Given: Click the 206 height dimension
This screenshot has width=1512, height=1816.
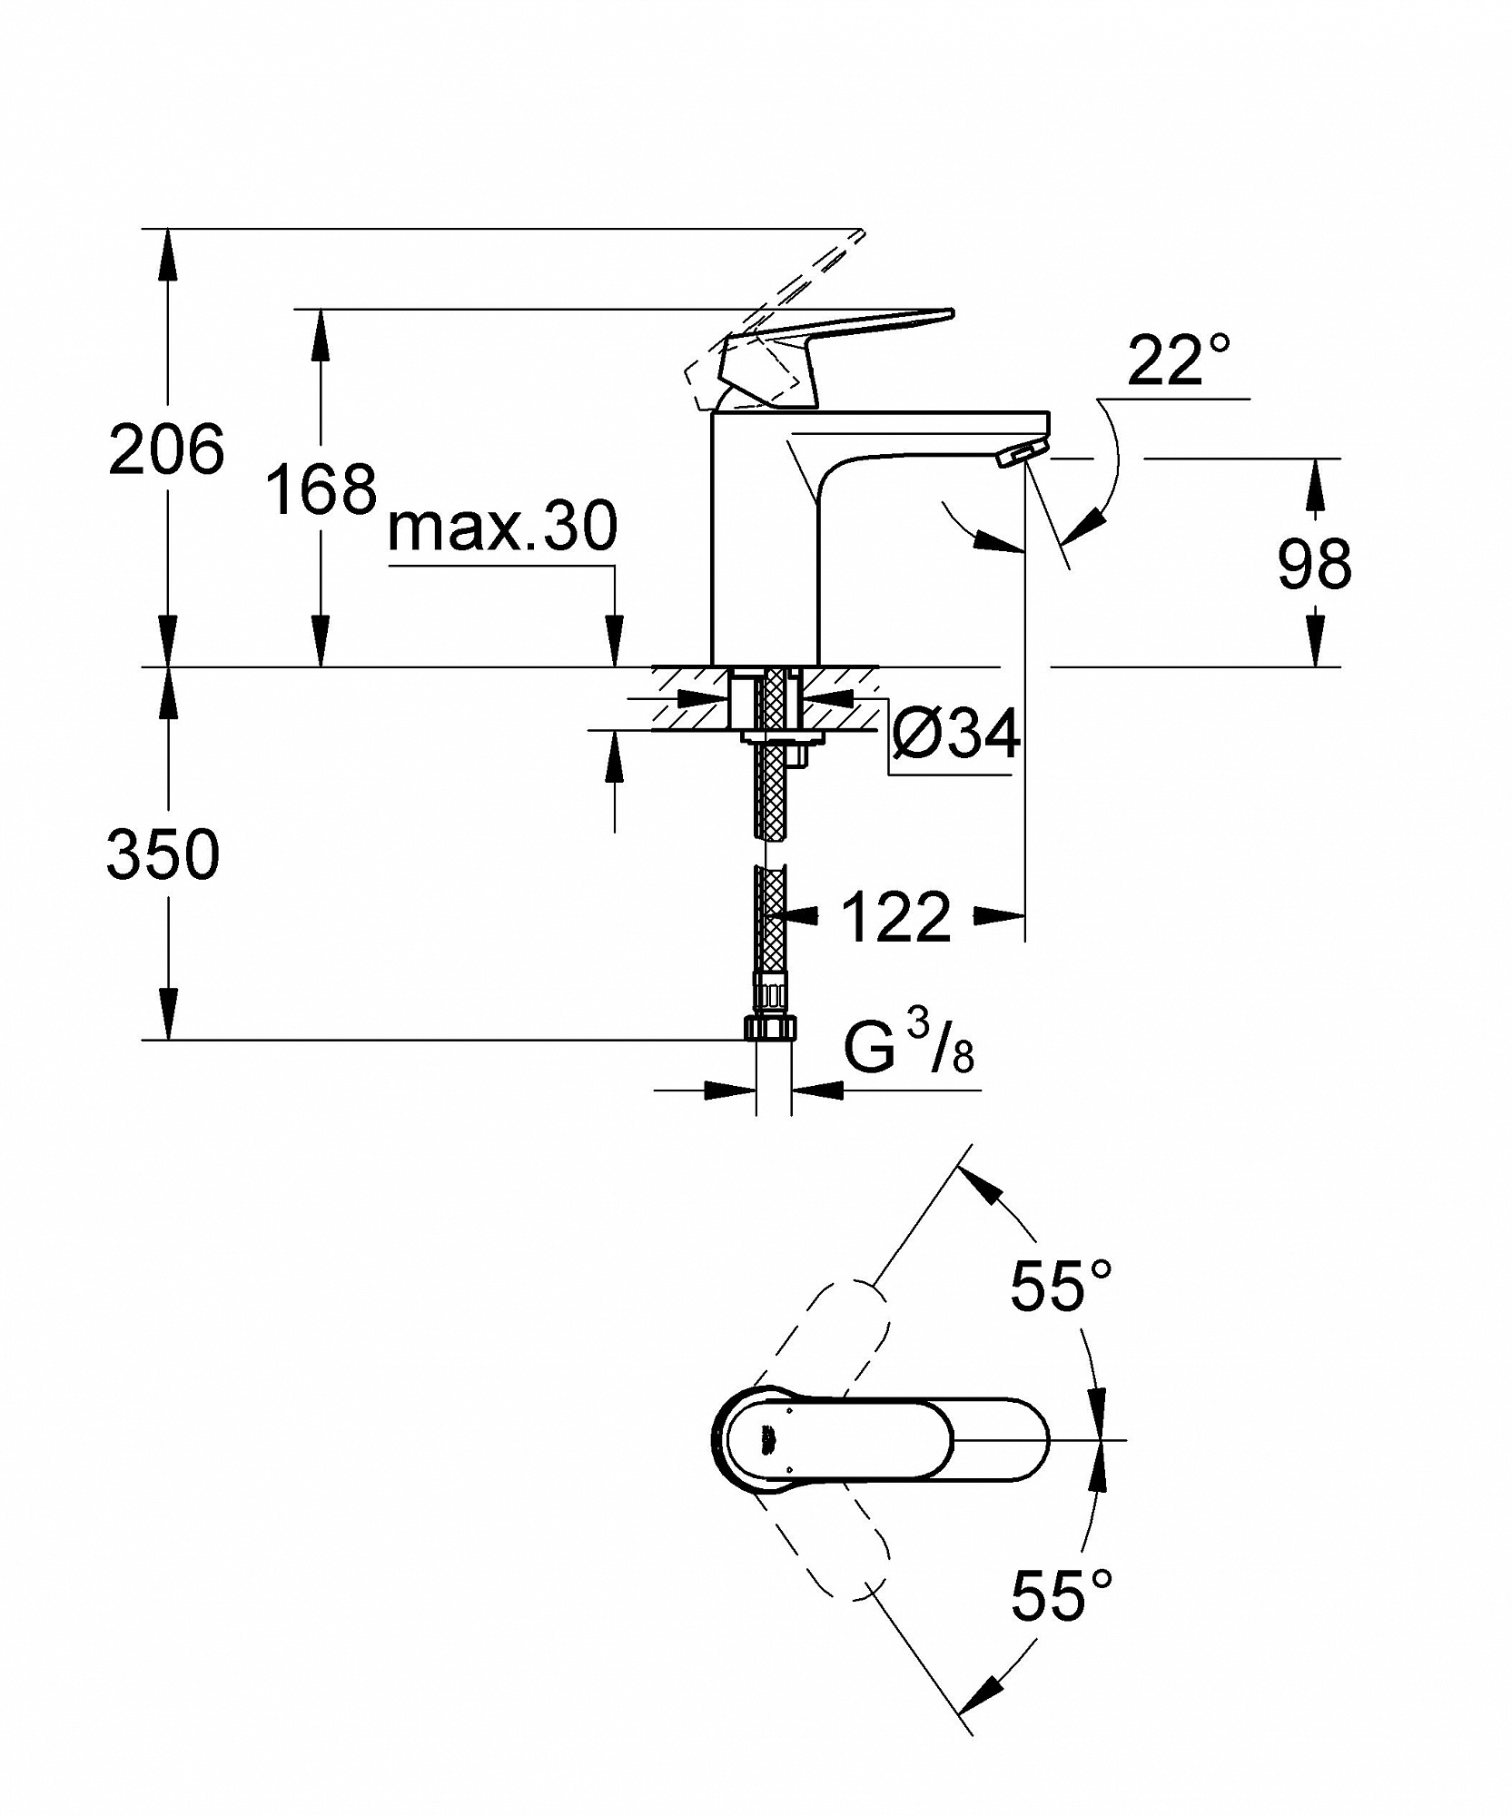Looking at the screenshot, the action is (165, 449).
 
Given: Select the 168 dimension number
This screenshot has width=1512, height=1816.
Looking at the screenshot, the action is (321, 489).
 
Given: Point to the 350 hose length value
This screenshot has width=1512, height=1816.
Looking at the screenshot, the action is (163, 854).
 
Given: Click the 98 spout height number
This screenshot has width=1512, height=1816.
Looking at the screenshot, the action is (1314, 563).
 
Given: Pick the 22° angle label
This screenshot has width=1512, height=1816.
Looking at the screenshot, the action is (1179, 360).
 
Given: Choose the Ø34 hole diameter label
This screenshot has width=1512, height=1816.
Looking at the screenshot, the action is (956, 733).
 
